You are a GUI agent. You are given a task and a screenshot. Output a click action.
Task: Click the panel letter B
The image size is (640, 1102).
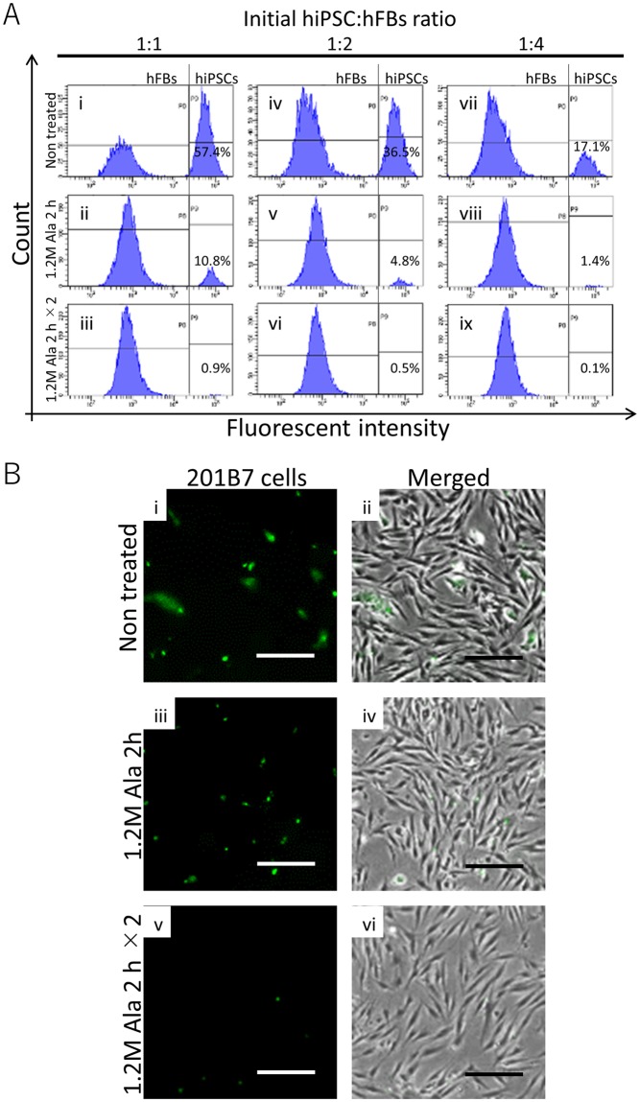pyautogui.click(x=13, y=473)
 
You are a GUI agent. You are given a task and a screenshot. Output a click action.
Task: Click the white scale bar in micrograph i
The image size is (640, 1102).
pyautogui.click(x=286, y=657)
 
